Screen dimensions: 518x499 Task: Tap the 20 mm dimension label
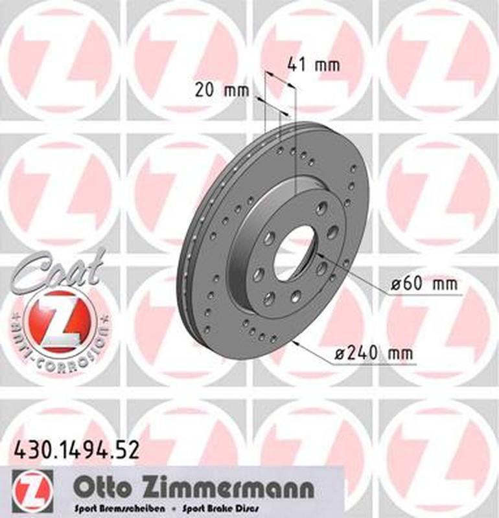coord(222,90)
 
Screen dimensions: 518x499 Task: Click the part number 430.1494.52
coord(76,449)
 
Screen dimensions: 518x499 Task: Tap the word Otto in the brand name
coord(98,487)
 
